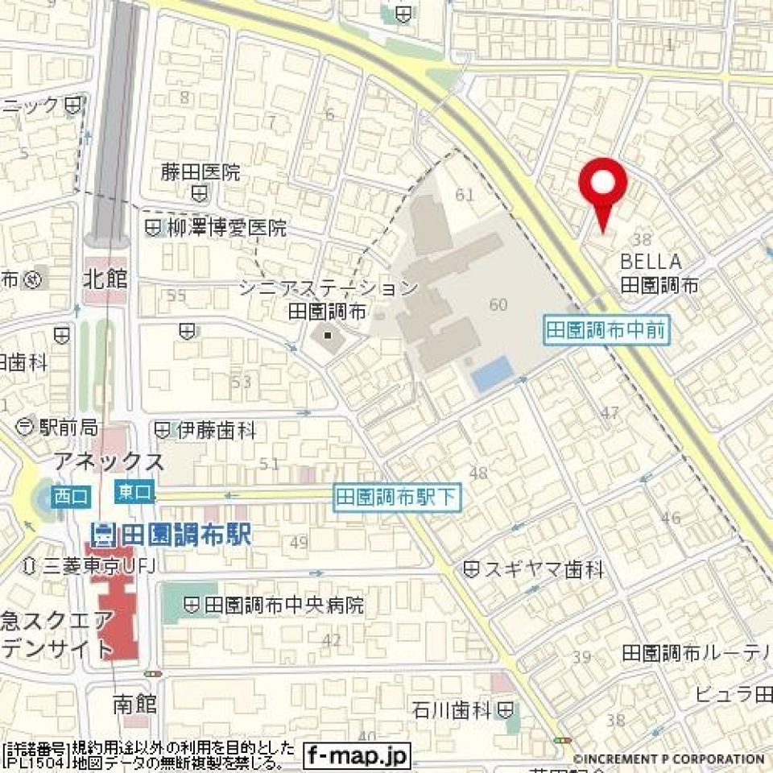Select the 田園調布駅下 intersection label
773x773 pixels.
point(398,498)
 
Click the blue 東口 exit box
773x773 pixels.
point(134,491)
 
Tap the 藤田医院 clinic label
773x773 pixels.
point(200,172)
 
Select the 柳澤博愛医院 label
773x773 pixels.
point(226,228)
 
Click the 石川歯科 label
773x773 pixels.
point(451,710)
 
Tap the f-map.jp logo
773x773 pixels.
point(358,755)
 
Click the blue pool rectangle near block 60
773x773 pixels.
point(493,374)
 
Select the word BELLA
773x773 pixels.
point(651,262)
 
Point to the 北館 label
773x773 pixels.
point(105,280)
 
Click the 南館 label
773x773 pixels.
point(135,704)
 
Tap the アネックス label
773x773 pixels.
point(109,461)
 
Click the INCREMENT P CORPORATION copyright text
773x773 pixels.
point(668,759)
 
